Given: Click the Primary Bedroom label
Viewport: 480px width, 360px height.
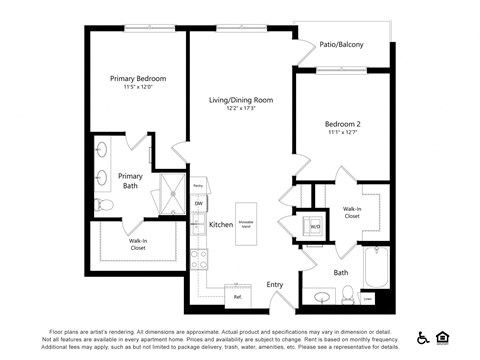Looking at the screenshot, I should (x=138, y=78).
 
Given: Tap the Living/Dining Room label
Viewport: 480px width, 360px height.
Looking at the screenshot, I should (x=241, y=101).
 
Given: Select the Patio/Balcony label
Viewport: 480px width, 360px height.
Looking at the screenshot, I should (x=342, y=44).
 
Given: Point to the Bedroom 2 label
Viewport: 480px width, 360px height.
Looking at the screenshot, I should (x=342, y=124).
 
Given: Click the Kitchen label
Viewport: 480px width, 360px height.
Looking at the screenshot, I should (x=221, y=225).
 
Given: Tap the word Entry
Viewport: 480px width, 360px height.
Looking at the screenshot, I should (x=275, y=285).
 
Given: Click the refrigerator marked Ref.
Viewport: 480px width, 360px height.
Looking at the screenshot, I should (x=237, y=297).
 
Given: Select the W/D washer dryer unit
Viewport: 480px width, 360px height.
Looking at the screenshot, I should (x=314, y=226).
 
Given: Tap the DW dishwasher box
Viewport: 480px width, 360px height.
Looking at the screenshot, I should (x=198, y=204).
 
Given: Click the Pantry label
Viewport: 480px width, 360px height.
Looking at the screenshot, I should (x=198, y=186).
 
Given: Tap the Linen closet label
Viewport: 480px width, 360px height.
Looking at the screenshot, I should (x=368, y=298).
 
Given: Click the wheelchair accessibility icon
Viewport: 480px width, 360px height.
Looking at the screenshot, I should (x=423, y=337).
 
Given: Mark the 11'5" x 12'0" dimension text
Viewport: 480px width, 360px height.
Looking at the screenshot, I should (x=138, y=88).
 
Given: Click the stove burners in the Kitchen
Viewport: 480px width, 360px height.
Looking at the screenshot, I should (x=198, y=260).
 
